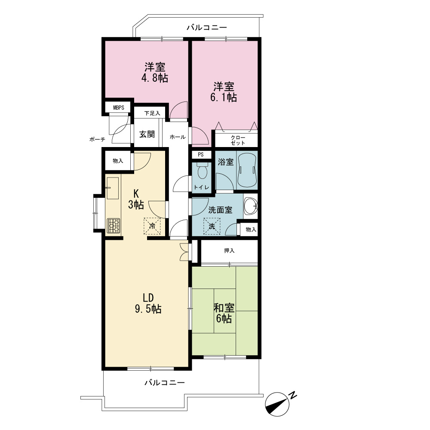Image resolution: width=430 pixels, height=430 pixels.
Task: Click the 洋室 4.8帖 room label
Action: [x=155, y=72]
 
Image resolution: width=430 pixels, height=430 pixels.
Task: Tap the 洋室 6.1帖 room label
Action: [x=224, y=92]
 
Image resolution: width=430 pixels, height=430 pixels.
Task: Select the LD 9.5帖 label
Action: [x=148, y=303]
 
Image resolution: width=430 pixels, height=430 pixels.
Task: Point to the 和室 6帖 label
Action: [x=224, y=313]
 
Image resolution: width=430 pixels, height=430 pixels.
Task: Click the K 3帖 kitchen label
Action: [x=136, y=200]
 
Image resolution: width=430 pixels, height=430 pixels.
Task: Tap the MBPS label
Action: [x=119, y=107]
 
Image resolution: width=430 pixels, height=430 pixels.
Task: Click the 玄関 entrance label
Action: [x=147, y=134]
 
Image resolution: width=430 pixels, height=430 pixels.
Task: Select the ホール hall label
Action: [x=178, y=137]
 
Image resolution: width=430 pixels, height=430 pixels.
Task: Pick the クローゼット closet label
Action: [x=238, y=140]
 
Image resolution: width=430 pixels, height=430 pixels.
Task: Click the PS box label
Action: [x=201, y=155]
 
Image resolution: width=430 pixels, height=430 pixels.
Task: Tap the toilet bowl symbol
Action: [x=203, y=170]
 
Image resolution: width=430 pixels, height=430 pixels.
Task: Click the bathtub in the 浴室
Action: [x=247, y=170]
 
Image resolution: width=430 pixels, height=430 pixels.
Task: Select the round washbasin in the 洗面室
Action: [x=251, y=206]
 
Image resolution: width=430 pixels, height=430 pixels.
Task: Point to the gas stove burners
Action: [x=113, y=226]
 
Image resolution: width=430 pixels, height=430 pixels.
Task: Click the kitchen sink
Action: [x=112, y=188]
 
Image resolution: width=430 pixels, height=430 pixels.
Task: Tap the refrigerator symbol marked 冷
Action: [x=152, y=226]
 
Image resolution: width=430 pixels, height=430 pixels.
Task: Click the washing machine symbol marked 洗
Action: [x=212, y=226]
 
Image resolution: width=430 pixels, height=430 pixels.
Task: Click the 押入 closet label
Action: [x=229, y=250]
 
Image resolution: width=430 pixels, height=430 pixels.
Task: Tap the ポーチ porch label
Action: [x=97, y=139]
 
